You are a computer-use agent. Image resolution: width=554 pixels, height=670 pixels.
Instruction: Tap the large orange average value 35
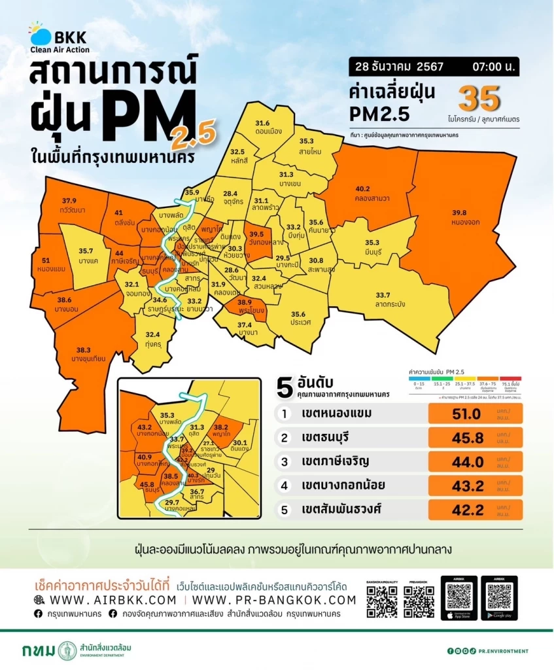tap(479, 99)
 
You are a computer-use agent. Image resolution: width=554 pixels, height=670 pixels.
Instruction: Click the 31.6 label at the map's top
tap(262, 123)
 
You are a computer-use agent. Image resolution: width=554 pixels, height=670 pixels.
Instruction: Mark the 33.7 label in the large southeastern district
tap(382, 294)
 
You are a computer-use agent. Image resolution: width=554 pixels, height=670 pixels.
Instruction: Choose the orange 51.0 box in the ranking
tap(475, 415)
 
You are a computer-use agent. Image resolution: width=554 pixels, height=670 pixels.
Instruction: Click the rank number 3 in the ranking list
tap(285, 462)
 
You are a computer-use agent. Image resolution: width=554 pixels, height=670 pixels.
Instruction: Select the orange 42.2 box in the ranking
tap(475, 510)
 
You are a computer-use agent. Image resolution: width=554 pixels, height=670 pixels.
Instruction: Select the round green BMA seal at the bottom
tap(67, 650)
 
